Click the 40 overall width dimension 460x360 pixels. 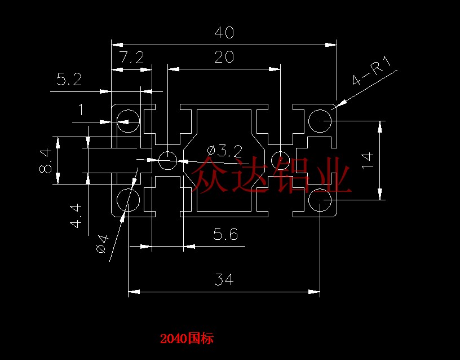[224, 32]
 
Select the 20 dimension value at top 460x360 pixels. [224, 57]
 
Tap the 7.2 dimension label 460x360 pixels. [132, 58]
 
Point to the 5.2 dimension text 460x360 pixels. [69, 80]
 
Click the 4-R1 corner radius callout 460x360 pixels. [371, 71]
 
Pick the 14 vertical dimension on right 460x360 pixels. [368, 160]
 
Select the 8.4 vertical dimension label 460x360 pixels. [46, 161]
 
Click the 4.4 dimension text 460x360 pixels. [76, 217]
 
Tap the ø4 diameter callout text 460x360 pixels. [103, 244]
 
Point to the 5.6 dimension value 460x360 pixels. [225, 234]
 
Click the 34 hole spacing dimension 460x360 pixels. [224, 279]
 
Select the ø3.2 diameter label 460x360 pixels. [225, 151]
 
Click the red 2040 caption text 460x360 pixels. [187, 339]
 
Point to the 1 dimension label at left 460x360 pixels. [81, 110]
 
